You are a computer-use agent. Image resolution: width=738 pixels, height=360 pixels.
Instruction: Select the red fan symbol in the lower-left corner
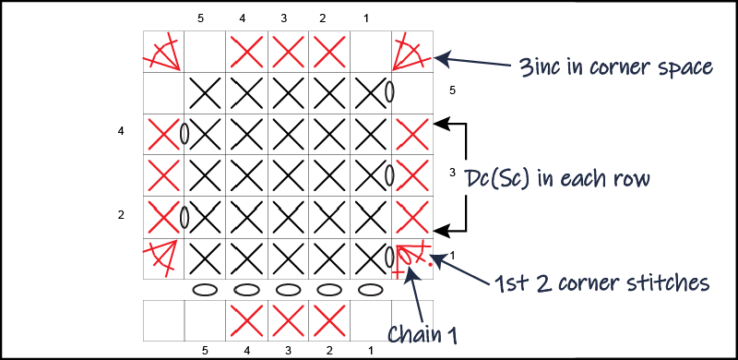(163, 259)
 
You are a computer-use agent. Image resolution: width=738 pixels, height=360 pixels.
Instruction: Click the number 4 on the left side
(121, 132)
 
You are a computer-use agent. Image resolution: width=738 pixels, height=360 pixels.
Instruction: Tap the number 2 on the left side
(121, 215)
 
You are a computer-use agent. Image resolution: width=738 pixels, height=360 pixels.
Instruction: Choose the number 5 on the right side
(452, 90)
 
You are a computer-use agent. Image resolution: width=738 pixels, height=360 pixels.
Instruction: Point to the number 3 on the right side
(452, 174)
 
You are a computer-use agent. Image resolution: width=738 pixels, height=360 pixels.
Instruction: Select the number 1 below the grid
(369, 350)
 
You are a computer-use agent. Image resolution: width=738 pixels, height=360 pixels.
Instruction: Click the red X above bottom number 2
(327, 318)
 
